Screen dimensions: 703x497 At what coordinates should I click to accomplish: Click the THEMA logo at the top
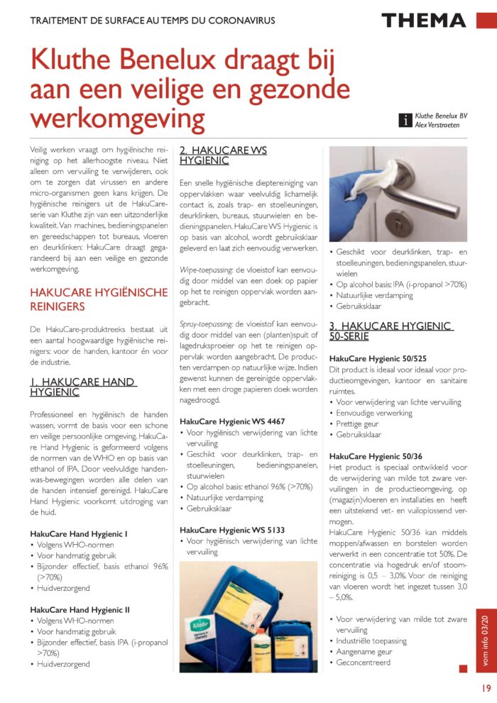(x=423, y=20)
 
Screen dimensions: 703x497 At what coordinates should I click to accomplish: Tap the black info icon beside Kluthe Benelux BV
(x=405, y=121)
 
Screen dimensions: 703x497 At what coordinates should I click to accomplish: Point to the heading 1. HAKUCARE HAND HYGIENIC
(x=83, y=387)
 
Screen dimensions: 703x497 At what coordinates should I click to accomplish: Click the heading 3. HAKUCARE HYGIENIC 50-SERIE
(x=390, y=331)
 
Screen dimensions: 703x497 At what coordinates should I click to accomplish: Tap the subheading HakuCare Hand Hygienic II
(x=79, y=609)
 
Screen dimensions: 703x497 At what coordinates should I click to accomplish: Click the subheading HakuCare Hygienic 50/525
(x=378, y=358)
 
